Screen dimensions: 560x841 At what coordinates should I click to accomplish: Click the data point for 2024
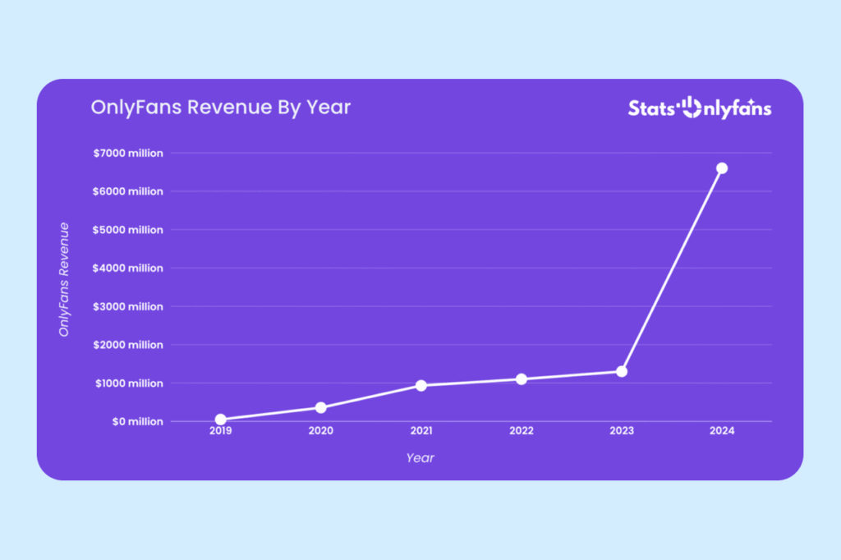pos(722,168)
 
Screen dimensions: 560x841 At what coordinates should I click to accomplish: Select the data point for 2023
pos(622,371)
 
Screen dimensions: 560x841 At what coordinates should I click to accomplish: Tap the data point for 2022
pos(522,379)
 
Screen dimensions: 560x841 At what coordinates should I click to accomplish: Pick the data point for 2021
pos(421,385)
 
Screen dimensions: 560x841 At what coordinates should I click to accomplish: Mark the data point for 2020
pos(321,407)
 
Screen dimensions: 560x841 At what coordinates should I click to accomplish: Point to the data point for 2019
pos(221,420)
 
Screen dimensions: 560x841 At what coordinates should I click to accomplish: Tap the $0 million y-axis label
pos(139,421)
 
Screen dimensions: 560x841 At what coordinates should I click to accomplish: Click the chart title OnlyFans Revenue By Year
pos(220,108)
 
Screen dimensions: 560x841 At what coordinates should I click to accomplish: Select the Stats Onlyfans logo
pos(700,108)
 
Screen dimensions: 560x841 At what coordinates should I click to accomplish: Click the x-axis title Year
pos(420,458)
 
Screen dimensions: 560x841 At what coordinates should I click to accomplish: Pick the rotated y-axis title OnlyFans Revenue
pos(63,279)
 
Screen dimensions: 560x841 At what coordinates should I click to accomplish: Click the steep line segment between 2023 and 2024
pos(672,270)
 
